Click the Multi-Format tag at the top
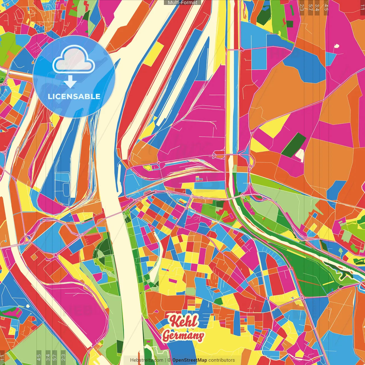pyautogui.click(x=182, y=3)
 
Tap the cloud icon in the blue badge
pyautogui.click(x=74, y=60)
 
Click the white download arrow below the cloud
pyautogui.click(x=70, y=82)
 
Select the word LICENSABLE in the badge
pyautogui.click(x=74, y=96)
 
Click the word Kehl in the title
pyautogui.click(x=183, y=321)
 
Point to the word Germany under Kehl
pyautogui.click(x=183, y=336)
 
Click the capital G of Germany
pyautogui.click(x=167, y=336)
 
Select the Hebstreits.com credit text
pyautogui.click(x=147, y=360)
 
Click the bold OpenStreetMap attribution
pyautogui.click(x=189, y=360)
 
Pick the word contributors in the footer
pyautogui.click(x=222, y=360)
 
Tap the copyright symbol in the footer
pyautogui.click(x=169, y=360)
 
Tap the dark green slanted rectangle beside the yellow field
pyautogui.click(x=294, y=145)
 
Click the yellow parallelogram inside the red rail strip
pyautogui.click(x=153, y=54)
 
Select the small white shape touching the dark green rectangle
pyautogui.click(x=300, y=155)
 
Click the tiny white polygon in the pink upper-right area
pyautogui.click(x=336, y=46)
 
